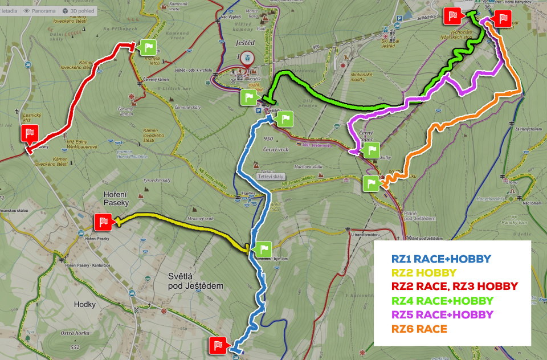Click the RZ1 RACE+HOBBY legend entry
pos(441,259)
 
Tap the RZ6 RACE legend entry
pos(419,329)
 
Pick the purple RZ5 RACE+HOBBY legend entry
pos(442,314)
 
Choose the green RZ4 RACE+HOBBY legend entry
pos(443,300)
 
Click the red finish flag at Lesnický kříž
pos(29,134)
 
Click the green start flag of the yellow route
pos(263,249)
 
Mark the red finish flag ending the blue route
pos(219,345)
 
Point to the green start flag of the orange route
pos(370,183)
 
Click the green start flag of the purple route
pos(372,150)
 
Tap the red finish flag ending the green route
pos(454,17)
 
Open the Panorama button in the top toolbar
pos(40,11)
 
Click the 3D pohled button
pos(77,11)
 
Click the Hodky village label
pos(85,304)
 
